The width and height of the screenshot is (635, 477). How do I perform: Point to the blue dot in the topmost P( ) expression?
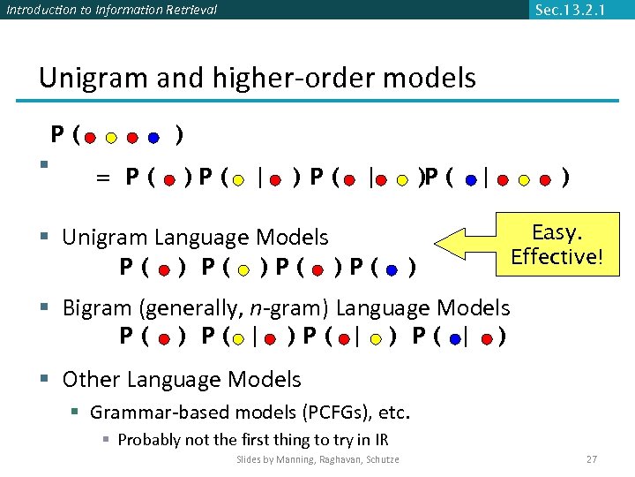(x=153, y=138)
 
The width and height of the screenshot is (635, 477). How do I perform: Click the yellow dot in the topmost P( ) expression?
(x=111, y=138)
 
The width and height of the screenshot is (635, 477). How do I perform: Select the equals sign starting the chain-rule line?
(x=103, y=178)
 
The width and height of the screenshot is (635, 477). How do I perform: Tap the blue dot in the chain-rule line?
(x=472, y=180)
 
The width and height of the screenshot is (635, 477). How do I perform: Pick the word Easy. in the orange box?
(x=556, y=232)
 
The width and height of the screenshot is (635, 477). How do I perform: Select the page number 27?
(x=591, y=459)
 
